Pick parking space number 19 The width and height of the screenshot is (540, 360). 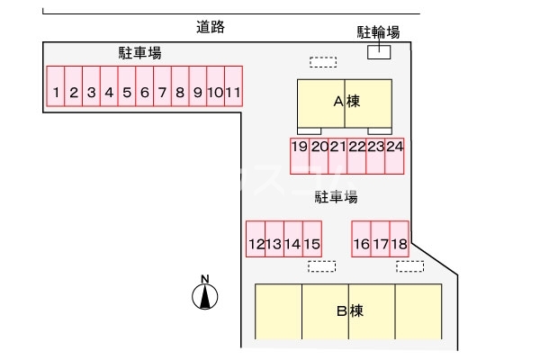[300, 155]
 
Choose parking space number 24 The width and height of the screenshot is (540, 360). [394, 155]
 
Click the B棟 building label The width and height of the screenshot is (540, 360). [349, 311]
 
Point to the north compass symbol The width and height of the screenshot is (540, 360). [206, 294]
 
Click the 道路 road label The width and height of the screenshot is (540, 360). [210, 27]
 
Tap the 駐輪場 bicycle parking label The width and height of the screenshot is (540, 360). [378, 32]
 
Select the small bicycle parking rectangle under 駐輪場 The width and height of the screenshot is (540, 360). [379, 51]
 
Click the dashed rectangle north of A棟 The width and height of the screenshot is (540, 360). [322, 62]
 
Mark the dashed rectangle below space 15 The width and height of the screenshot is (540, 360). [321, 266]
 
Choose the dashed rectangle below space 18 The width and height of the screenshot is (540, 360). [409, 266]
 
